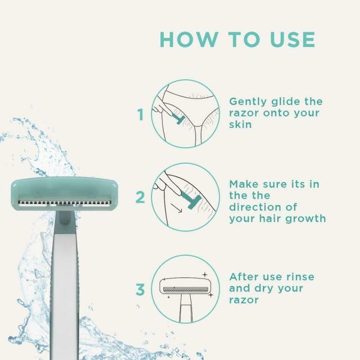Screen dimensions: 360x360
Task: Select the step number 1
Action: [141, 115]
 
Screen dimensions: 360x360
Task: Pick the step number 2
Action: [140, 197]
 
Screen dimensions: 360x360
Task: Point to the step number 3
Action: [140, 290]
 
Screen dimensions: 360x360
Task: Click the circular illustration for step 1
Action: [185, 113]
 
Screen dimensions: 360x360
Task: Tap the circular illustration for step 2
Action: [185, 197]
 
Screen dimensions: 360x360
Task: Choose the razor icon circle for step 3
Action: [185, 289]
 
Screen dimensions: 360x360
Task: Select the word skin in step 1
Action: [240, 125]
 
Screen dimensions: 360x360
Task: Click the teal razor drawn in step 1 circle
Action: [178, 118]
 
